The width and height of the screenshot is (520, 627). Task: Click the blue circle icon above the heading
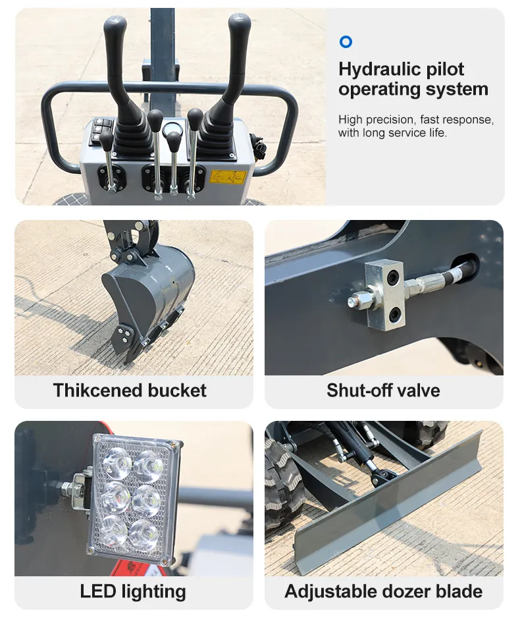click(x=346, y=41)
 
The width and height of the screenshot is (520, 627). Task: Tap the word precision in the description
click(x=390, y=120)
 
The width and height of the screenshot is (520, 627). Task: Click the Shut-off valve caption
click(x=383, y=391)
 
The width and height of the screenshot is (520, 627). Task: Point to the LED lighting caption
click(x=133, y=592)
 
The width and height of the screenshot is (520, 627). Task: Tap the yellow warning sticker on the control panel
click(x=228, y=177)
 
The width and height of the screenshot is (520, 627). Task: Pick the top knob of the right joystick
click(x=240, y=25)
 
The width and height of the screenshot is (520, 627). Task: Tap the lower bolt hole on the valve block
click(x=396, y=315)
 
